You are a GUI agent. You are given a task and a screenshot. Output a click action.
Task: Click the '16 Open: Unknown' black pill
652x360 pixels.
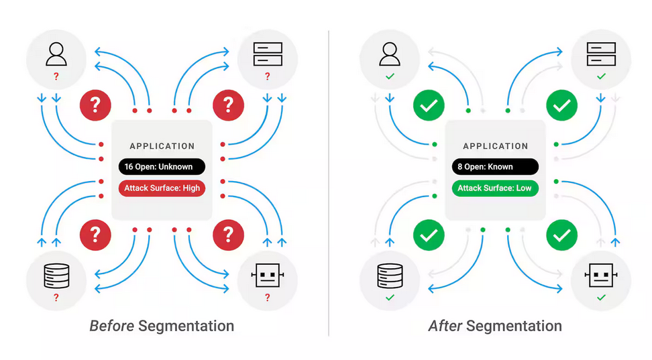click(162, 167)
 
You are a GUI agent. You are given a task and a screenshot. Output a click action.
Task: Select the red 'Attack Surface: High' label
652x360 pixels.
click(162, 188)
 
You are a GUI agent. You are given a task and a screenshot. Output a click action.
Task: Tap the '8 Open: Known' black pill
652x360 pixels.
click(495, 167)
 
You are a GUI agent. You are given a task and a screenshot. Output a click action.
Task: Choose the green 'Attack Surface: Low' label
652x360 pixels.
click(495, 188)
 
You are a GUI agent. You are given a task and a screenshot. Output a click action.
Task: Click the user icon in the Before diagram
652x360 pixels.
click(56, 55)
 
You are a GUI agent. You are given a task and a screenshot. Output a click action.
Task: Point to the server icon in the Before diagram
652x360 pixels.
click(268, 55)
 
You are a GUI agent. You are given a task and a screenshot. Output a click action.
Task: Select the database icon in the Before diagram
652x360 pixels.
click(56, 276)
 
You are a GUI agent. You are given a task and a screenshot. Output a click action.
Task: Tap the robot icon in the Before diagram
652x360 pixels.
click(268, 276)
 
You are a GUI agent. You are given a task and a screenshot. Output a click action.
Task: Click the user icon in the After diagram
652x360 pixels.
click(390, 55)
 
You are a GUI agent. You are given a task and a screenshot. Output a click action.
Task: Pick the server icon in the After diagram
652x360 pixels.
click(601, 55)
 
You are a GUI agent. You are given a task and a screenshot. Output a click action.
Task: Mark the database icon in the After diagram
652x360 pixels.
click(390, 276)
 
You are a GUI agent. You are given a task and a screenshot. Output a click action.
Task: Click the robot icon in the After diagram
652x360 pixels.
click(601, 276)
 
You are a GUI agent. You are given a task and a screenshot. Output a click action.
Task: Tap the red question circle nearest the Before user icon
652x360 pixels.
click(95, 105)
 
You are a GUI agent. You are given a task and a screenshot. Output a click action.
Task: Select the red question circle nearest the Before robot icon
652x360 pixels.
click(228, 234)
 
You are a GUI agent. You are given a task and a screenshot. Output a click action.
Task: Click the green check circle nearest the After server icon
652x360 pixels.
click(562, 105)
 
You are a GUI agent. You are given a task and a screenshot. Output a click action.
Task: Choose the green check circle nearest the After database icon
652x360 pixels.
click(429, 235)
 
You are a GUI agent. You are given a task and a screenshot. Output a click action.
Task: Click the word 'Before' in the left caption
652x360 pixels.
click(111, 326)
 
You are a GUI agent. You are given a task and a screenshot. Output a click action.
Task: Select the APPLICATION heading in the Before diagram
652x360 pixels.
click(162, 146)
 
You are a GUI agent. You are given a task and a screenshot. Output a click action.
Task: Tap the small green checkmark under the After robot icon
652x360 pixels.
click(601, 298)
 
